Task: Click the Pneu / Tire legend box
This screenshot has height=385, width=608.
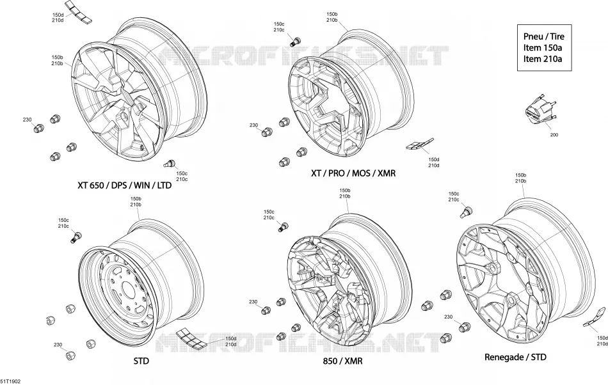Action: coord(544,47)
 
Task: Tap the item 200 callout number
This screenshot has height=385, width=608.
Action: coord(554,135)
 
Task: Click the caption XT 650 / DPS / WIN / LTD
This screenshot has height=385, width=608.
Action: coord(124,185)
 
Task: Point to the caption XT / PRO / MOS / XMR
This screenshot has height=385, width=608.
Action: coord(353,173)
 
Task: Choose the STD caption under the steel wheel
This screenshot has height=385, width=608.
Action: coord(141,361)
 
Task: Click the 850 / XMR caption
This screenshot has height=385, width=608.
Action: coord(343,361)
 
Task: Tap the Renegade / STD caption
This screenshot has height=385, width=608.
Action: coord(515,357)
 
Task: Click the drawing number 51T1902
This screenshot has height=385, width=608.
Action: coord(10,382)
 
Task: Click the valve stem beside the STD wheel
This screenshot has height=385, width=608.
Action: coord(76,237)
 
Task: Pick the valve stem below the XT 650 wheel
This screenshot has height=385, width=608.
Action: coord(170,164)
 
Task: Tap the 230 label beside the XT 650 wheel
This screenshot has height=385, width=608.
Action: coord(27,120)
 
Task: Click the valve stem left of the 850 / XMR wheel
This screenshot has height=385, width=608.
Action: coord(283,228)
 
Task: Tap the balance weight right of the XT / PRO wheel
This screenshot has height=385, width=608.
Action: coord(420,144)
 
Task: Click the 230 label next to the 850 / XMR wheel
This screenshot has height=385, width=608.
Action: coord(253,302)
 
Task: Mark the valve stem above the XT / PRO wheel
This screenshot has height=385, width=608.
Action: coord(295,40)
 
